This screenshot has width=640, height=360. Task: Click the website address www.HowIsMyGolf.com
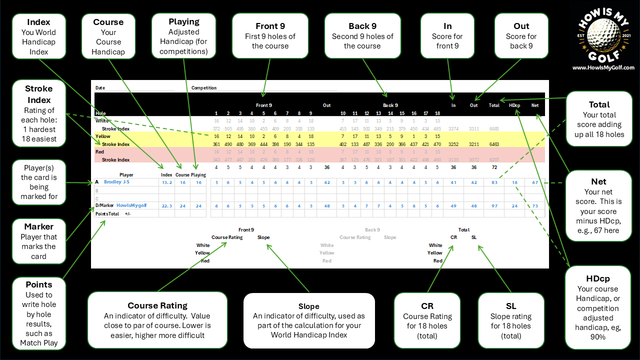pos(603,67)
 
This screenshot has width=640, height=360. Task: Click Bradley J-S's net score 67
pos(535,182)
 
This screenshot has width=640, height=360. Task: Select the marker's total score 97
pos(494,205)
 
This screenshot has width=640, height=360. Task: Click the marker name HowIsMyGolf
pos(131,205)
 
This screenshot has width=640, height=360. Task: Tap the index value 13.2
pos(166,182)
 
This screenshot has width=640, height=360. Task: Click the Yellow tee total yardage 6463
pos(494,144)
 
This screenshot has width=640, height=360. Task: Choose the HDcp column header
pos(514,105)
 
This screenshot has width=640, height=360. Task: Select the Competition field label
pos(204,88)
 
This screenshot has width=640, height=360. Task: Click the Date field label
pos(100,88)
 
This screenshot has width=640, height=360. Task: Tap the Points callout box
pos(39,313)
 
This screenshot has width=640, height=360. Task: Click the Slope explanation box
pos(309,320)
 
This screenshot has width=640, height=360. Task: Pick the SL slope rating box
pos(510,320)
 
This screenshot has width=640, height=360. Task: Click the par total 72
pos(494,167)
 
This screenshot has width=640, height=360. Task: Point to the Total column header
pos(494,105)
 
